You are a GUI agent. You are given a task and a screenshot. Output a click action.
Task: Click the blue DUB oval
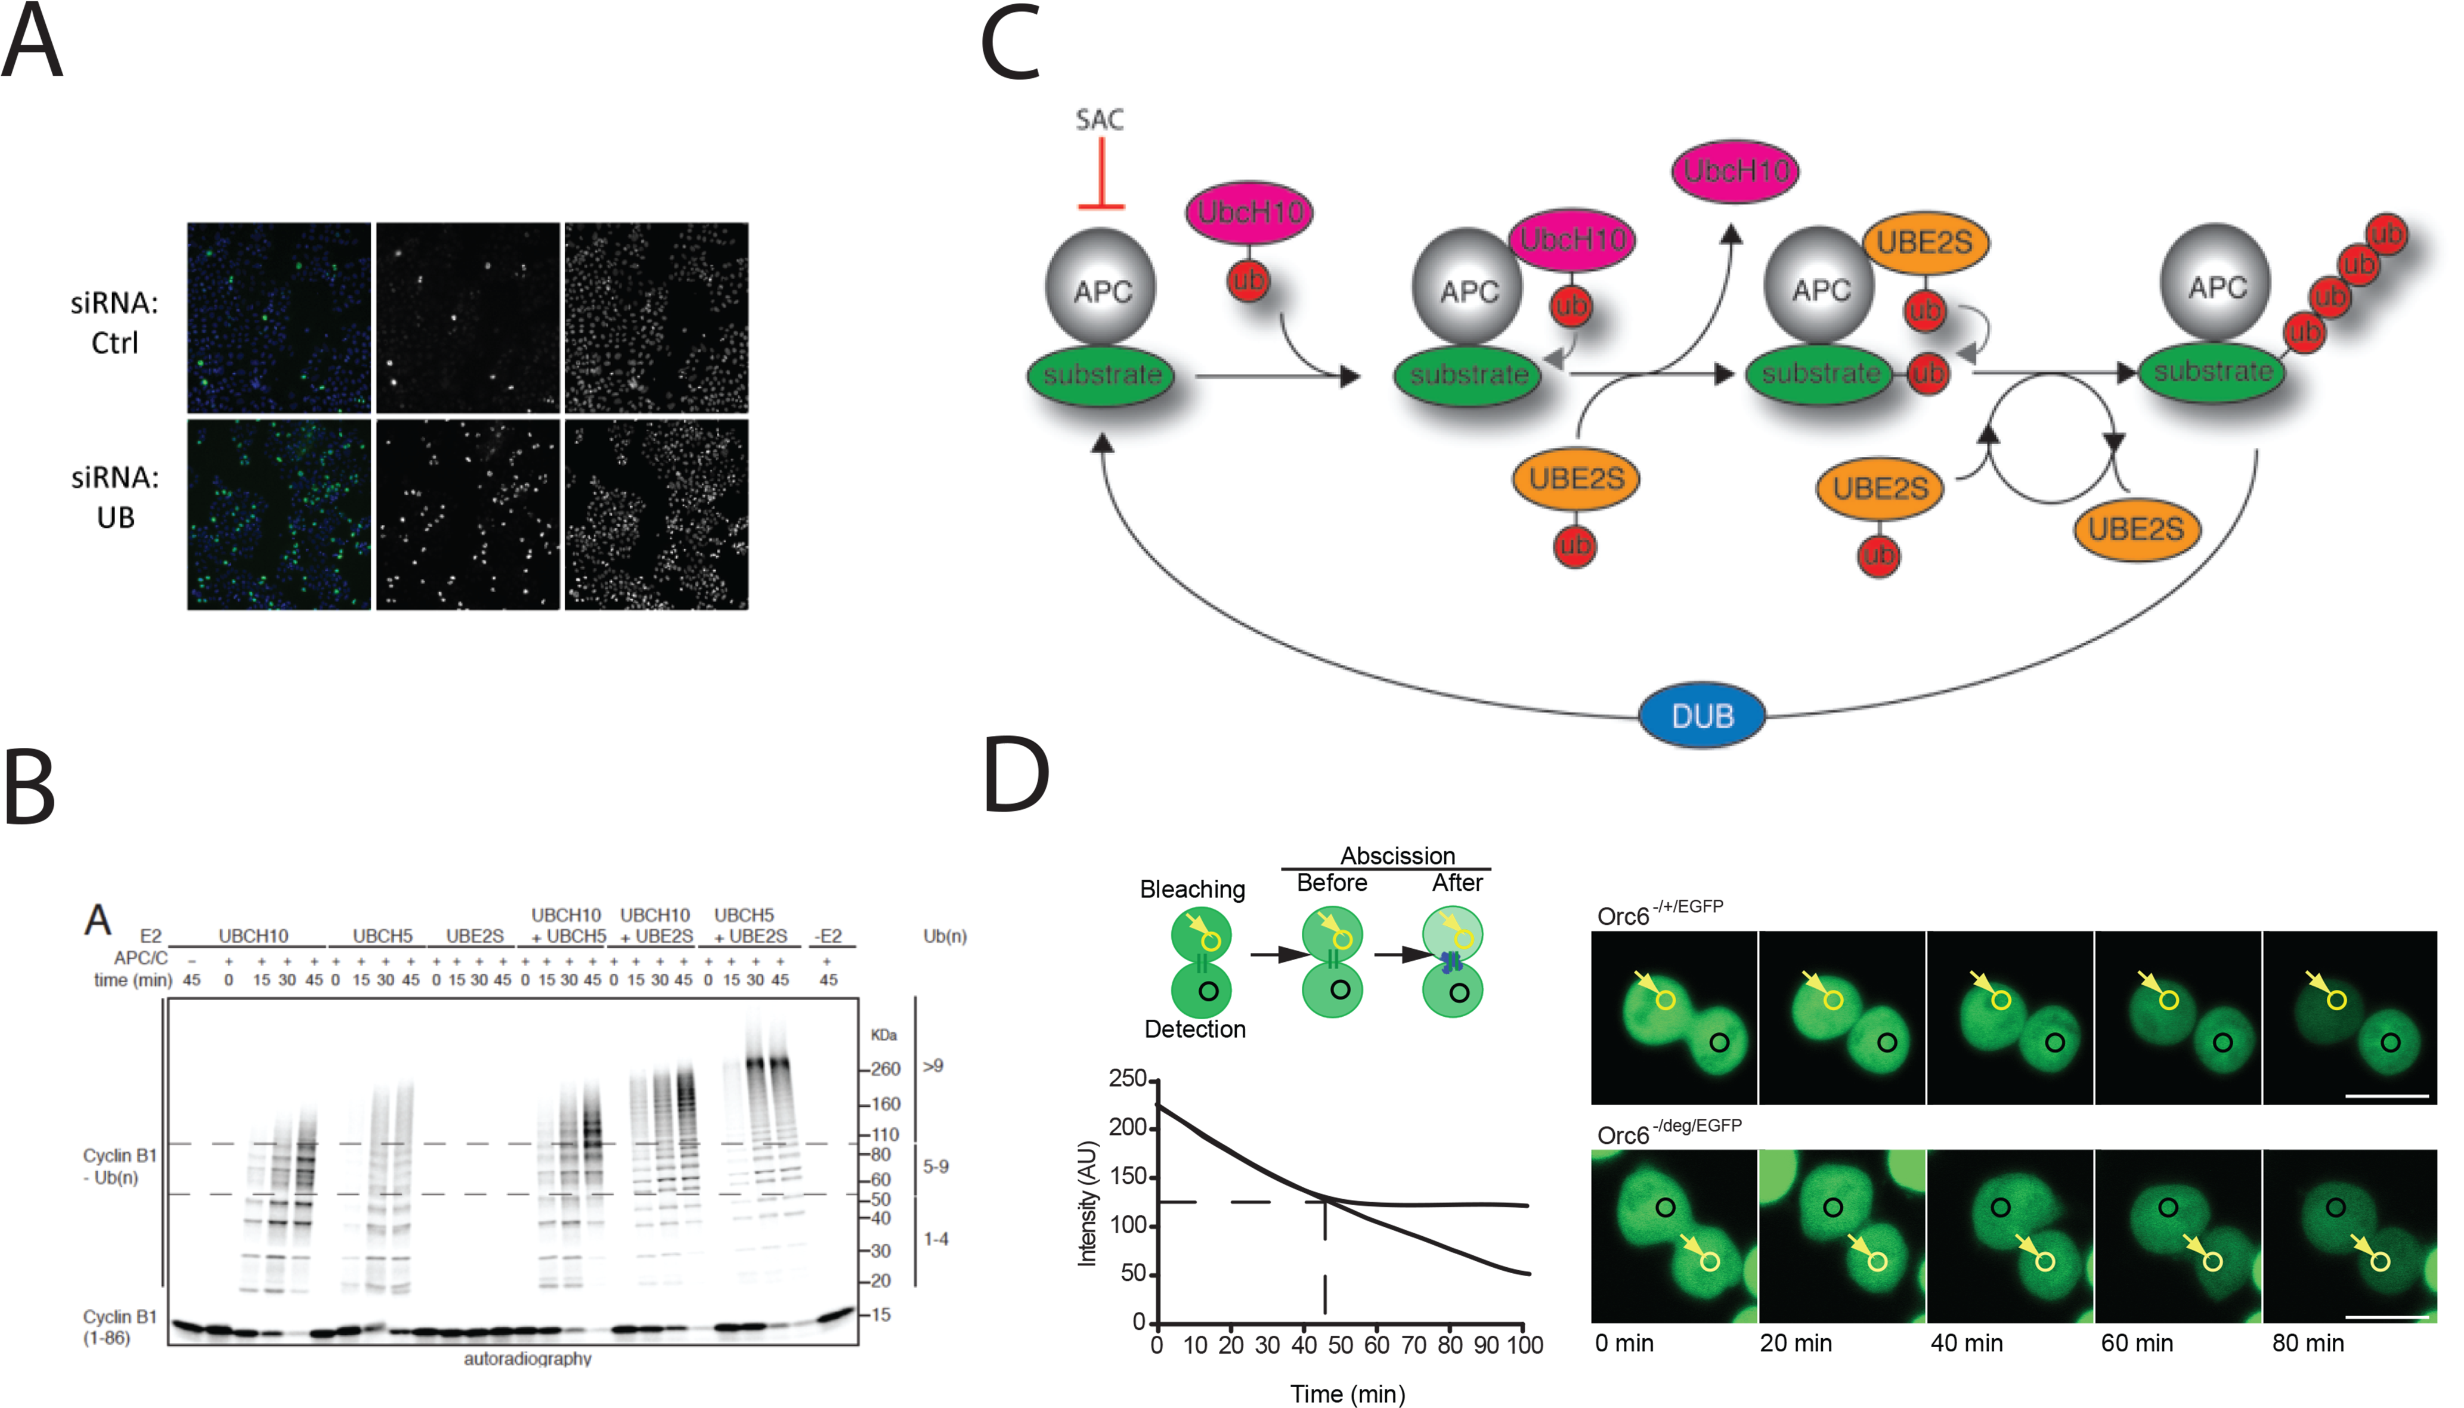(1702, 716)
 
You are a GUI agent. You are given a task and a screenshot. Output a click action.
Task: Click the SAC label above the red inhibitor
(1100, 120)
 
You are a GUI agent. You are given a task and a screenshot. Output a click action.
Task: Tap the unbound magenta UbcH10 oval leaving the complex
(1735, 171)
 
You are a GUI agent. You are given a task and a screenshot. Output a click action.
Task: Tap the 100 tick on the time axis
(1524, 1345)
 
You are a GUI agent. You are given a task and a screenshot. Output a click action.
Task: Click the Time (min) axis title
(1348, 1394)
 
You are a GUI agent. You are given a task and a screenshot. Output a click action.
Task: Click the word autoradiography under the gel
(528, 1359)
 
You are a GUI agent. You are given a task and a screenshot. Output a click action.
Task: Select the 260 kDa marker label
(886, 1069)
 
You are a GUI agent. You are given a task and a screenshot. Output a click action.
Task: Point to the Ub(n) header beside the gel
(945, 936)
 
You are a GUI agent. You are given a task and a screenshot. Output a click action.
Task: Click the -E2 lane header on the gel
(828, 936)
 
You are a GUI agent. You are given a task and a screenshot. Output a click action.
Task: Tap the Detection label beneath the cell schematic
(1195, 1029)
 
